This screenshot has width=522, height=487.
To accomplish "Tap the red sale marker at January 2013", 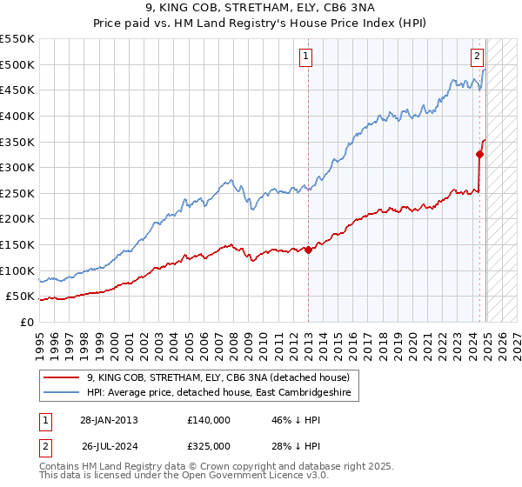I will [x=308, y=250].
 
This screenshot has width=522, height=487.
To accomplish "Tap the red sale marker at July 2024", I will [x=479, y=155].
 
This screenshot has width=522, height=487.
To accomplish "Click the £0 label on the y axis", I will [x=27, y=322].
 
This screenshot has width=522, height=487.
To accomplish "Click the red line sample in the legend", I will [x=61, y=377].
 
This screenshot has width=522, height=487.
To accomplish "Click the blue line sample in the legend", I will [x=61, y=394].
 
